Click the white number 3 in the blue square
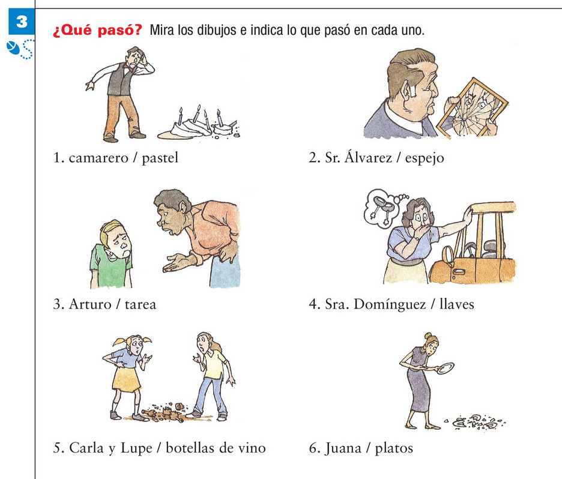click(22, 22)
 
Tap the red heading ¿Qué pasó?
click(97, 30)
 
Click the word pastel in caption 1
click(160, 158)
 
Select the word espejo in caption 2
click(425, 158)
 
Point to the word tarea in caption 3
click(140, 304)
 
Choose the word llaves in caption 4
click(456, 304)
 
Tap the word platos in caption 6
click(394, 448)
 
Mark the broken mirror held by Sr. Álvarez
click(473, 108)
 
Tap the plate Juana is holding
click(445, 368)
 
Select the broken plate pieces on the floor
click(475, 422)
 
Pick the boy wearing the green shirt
click(111, 255)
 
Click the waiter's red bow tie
click(127, 67)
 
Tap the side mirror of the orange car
click(448, 255)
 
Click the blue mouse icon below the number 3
click(13, 48)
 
